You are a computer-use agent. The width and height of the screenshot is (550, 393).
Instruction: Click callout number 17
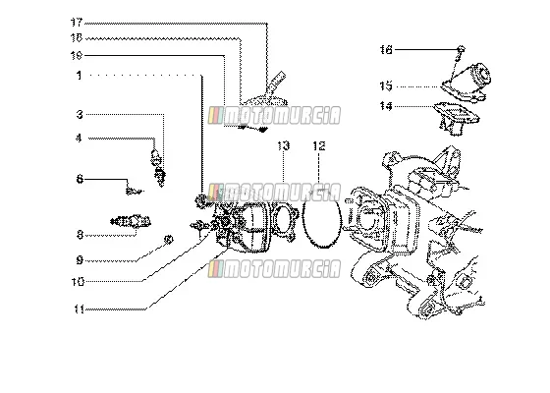[77, 23]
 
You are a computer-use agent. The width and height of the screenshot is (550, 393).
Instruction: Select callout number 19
[77, 55]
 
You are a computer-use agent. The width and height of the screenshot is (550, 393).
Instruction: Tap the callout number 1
[80, 75]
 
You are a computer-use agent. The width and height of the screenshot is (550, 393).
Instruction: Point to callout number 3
[80, 114]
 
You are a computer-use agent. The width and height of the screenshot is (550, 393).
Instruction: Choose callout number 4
[79, 139]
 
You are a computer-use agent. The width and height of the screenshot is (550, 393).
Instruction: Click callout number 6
[80, 179]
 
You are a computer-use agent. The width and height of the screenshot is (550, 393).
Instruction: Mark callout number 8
[80, 235]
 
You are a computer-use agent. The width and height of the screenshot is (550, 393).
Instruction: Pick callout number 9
[80, 260]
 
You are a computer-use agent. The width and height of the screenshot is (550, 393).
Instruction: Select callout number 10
[78, 281]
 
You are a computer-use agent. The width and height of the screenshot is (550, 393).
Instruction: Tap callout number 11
[79, 309]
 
